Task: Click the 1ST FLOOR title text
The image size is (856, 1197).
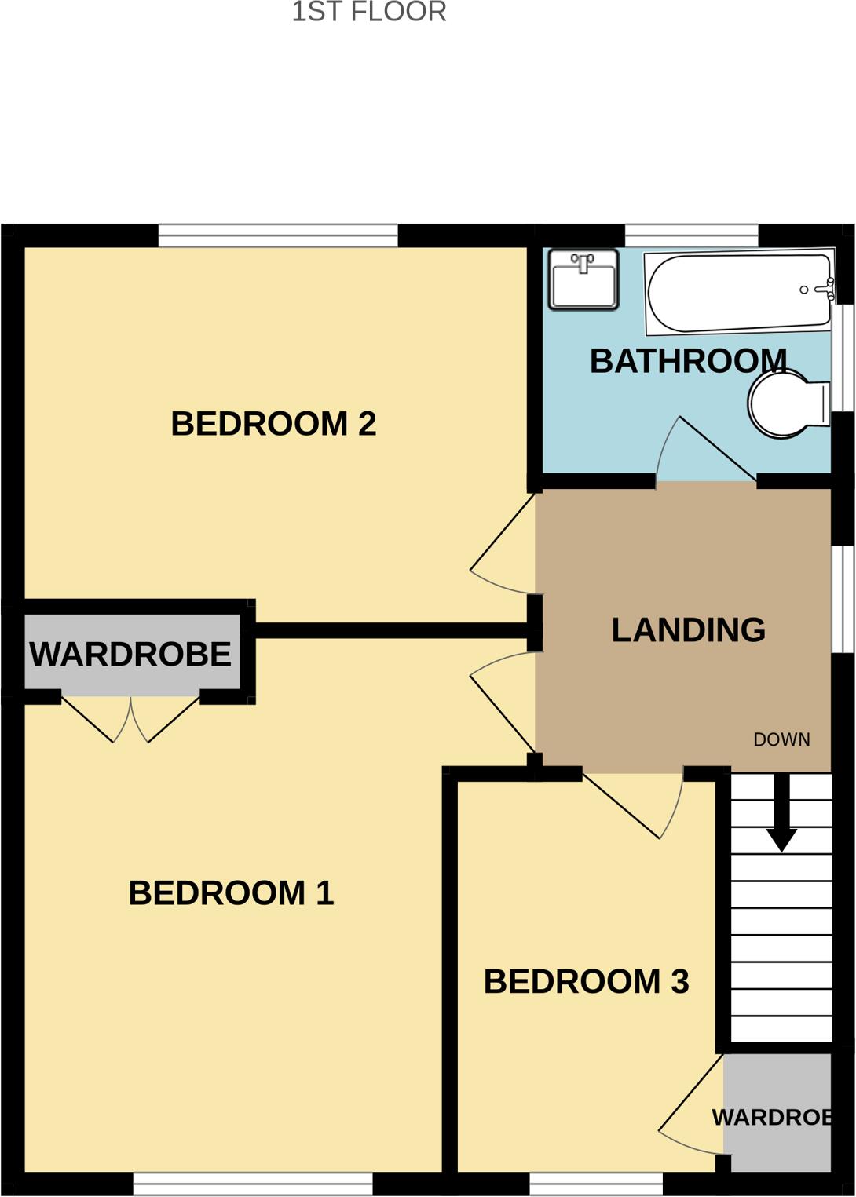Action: [x=369, y=13]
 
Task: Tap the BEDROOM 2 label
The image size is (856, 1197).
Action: [x=273, y=424]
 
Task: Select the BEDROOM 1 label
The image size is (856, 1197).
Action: [x=231, y=893]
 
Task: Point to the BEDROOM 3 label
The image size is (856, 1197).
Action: [x=586, y=982]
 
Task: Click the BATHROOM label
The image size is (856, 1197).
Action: [x=688, y=361]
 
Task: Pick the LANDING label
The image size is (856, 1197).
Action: [x=688, y=630]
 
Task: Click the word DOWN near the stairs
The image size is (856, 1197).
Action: [x=781, y=739]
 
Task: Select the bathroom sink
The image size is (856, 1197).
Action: [x=583, y=279]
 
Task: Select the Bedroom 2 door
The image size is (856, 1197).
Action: [x=503, y=546]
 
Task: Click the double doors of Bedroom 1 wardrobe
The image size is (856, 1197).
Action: [x=130, y=719]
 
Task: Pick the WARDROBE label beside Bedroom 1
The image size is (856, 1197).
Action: [x=130, y=655]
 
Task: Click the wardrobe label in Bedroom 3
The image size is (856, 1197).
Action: [x=771, y=1118]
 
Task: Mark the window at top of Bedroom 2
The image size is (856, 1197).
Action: [x=278, y=235]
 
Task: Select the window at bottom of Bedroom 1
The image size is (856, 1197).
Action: [x=252, y=1184]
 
